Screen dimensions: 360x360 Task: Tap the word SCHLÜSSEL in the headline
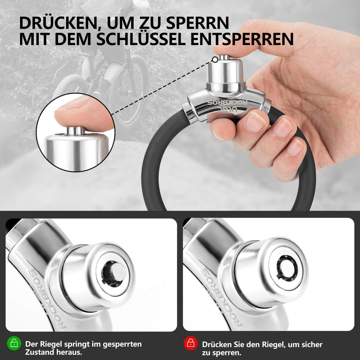coord(141,39)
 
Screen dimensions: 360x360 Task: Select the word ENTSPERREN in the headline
coord(242,39)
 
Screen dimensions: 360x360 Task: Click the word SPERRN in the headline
coord(198,23)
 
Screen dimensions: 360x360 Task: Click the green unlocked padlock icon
coord(14,343)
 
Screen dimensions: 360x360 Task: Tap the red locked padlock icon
coord(191,343)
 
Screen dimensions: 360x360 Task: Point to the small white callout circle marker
coord(215,60)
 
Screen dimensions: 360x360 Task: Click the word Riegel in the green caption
coord(51,344)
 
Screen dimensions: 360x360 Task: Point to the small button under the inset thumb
coord(76,131)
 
